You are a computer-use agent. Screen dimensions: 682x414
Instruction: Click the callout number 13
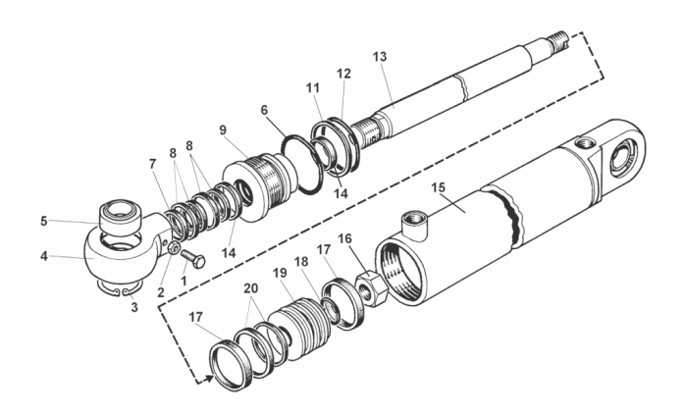(x=380, y=57)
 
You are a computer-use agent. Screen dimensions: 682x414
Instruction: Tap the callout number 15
(x=439, y=187)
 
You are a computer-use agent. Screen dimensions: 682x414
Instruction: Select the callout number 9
(x=223, y=130)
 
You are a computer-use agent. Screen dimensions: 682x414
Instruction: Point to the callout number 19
(x=280, y=273)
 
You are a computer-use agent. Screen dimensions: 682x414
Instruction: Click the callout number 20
(x=250, y=288)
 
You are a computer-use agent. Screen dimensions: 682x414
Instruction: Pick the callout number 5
(x=43, y=221)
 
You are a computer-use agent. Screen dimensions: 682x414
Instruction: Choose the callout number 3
(x=134, y=307)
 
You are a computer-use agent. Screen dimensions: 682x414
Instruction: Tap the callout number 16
(x=345, y=238)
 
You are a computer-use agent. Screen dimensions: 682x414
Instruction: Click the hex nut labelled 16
(x=372, y=287)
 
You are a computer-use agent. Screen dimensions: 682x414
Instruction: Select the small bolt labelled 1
(x=192, y=259)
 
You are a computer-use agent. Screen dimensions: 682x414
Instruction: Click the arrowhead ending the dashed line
(x=210, y=379)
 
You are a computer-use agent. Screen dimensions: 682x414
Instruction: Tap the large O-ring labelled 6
(x=303, y=165)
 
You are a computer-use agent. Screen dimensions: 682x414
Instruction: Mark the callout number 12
(x=343, y=74)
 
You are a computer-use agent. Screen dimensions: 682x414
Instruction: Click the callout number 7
(x=152, y=165)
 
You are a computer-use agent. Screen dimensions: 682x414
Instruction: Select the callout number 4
(x=44, y=256)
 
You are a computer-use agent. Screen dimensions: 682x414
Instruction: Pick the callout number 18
(x=301, y=262)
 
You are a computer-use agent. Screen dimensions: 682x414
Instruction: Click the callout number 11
(x=312, y=88)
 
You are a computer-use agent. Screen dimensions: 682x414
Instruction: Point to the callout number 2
(x=161, y=292)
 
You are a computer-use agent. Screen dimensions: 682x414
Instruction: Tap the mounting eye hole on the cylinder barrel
(x=622, y=159)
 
